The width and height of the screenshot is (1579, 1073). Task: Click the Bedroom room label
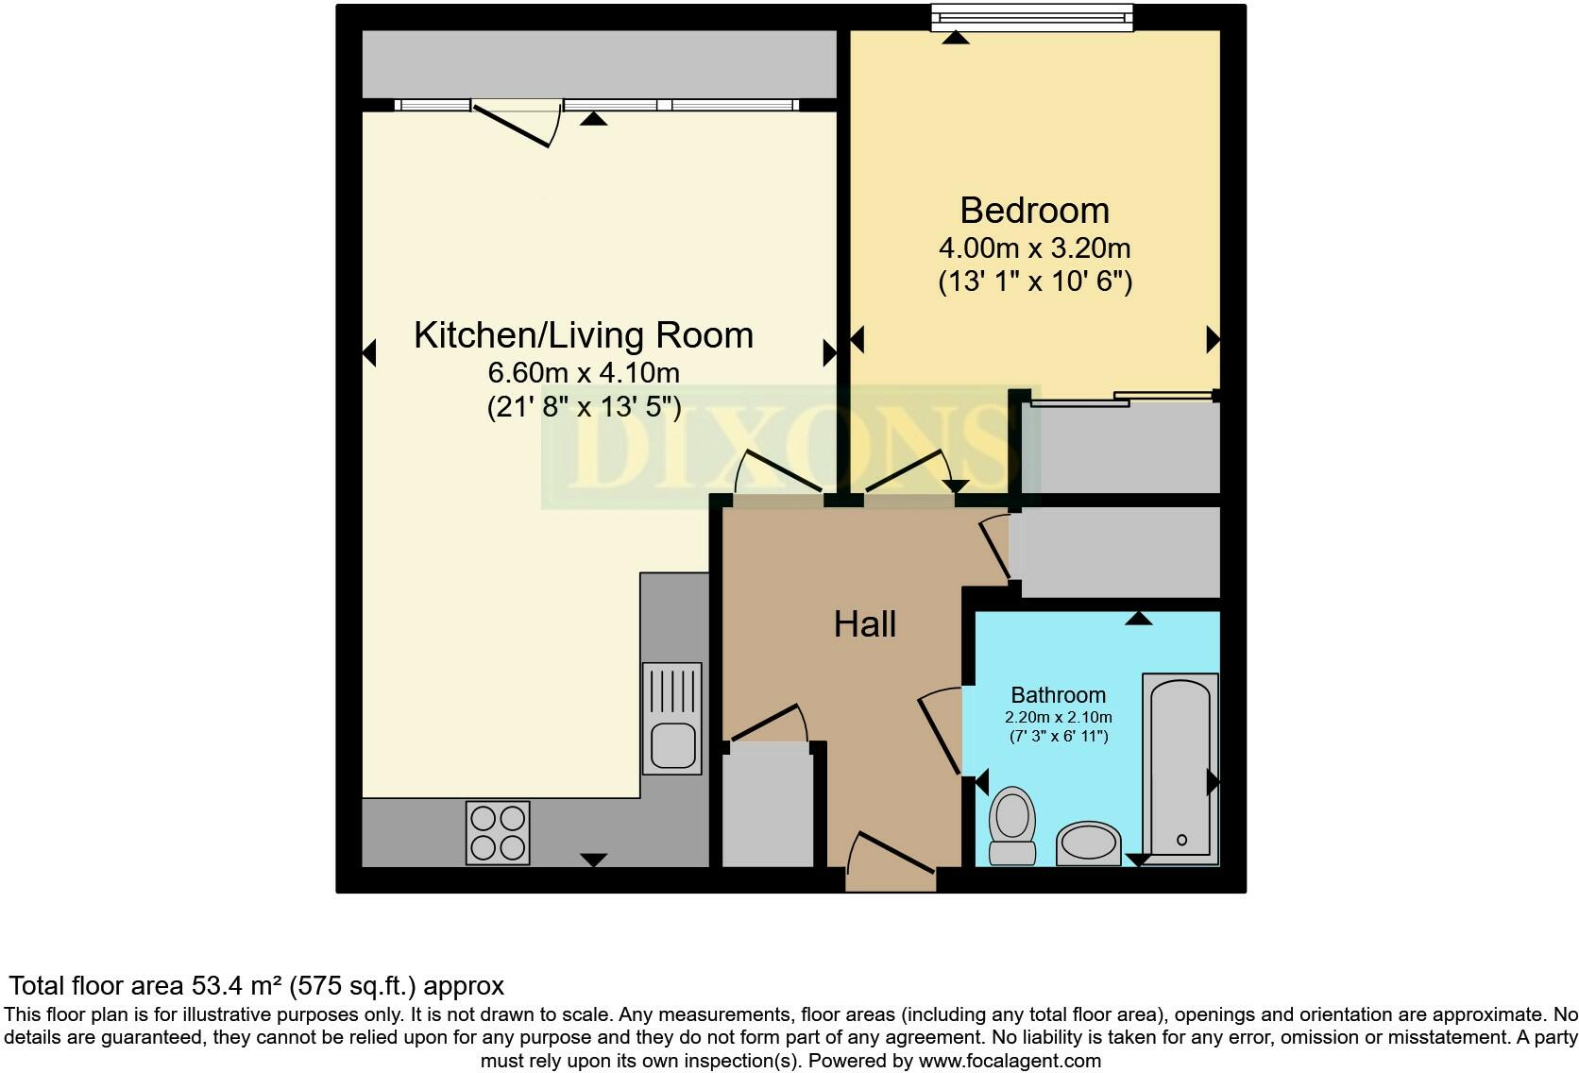click(x=1034, y=210)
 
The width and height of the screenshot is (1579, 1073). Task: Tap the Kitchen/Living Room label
click(x=583, y=335)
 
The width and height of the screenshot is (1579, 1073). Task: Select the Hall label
click(x=864, y=624)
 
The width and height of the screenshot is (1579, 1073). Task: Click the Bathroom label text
click(x=1058, y=695)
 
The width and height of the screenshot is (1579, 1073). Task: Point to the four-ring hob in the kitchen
click(x=498, y=832)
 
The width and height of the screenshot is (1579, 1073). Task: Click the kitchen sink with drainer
click(x=672, y=718)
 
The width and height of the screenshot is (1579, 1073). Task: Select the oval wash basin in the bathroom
click(x=1088, y=843)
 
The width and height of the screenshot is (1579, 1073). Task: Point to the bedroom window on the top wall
click(x=1031, y=17)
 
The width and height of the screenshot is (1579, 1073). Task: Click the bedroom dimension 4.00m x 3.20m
click(x=1034, y=248)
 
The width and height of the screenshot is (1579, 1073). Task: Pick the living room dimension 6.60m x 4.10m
click(x=583, y=372)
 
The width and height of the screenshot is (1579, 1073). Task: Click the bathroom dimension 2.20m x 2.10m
click(x=1058, y=718)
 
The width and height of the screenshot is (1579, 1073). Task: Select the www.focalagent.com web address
click(x=1009, y=1061)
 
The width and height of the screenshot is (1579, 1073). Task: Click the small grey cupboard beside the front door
click(x=768, y=808)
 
